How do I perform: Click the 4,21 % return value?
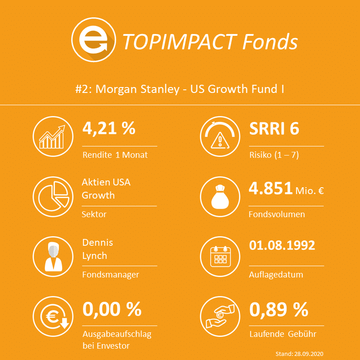(109, 129)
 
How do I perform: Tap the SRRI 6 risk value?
(274, 129)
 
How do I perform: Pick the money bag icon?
(220, 196)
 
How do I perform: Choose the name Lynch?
(94, 256)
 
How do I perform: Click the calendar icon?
(220, 256)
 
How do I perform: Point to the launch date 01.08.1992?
(282, 246)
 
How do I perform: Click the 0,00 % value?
(112, 310)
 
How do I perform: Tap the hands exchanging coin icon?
(220, 316)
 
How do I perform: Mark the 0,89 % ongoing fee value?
(278, 310)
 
